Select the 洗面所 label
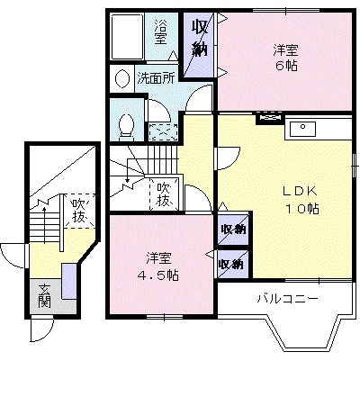[155, 78]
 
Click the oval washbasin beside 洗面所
[121, 78]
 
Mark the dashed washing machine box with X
[162, 129]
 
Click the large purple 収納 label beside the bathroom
[199, 41]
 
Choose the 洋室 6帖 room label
[287, 58]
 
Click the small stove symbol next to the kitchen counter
[268, 117]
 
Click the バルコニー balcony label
[286, 298]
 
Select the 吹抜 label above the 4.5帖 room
[164, 194]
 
